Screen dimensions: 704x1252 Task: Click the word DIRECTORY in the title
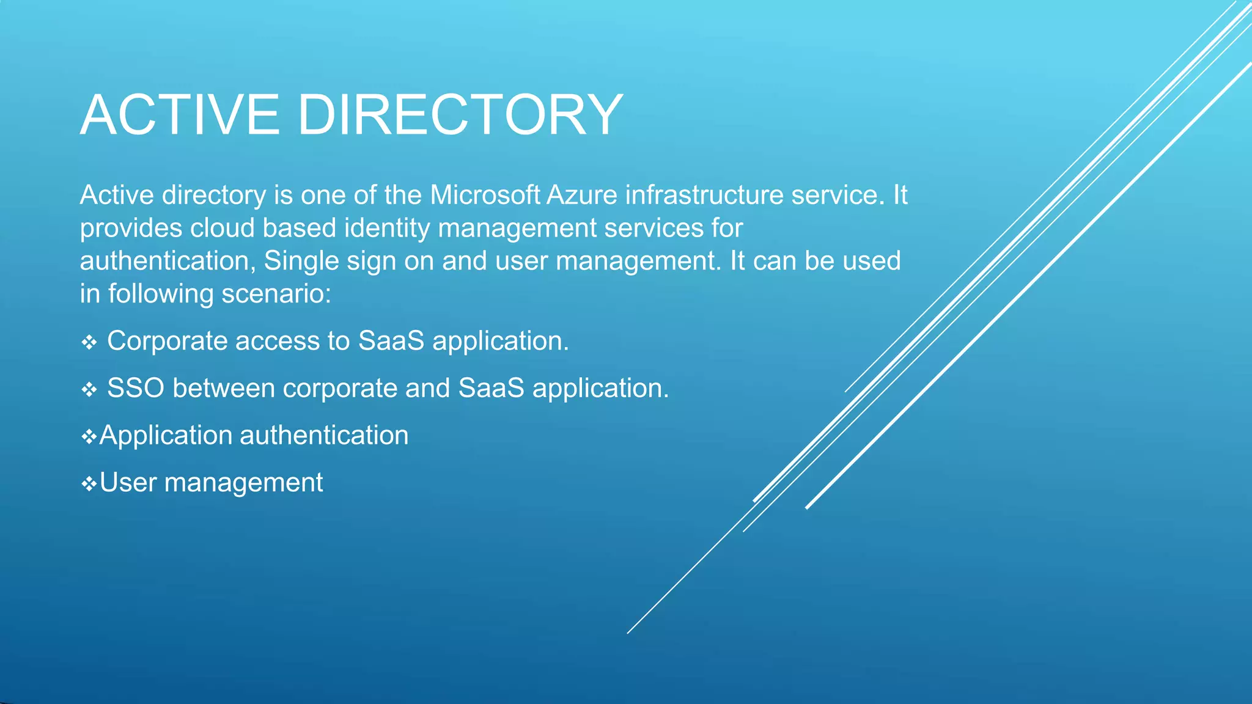tap(460, 115)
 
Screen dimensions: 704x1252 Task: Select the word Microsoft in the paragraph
tap(485, 196)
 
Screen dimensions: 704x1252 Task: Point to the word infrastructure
tap(704, 196)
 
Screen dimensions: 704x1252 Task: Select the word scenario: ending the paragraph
tap(276, 295)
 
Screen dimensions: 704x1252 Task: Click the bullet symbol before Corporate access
tap(89, 342)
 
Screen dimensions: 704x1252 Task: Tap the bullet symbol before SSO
tap(89, 389)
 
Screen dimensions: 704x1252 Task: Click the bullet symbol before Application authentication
tap(89, 436)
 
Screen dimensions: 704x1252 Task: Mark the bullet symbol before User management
tap(89, 484)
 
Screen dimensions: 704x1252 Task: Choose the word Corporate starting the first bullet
tap(167, 341)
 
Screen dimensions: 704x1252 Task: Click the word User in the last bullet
tap(128, 483)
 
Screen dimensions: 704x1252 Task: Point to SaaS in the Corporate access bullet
tap(391, 341)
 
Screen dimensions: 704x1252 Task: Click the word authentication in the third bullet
tap(324, 436)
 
